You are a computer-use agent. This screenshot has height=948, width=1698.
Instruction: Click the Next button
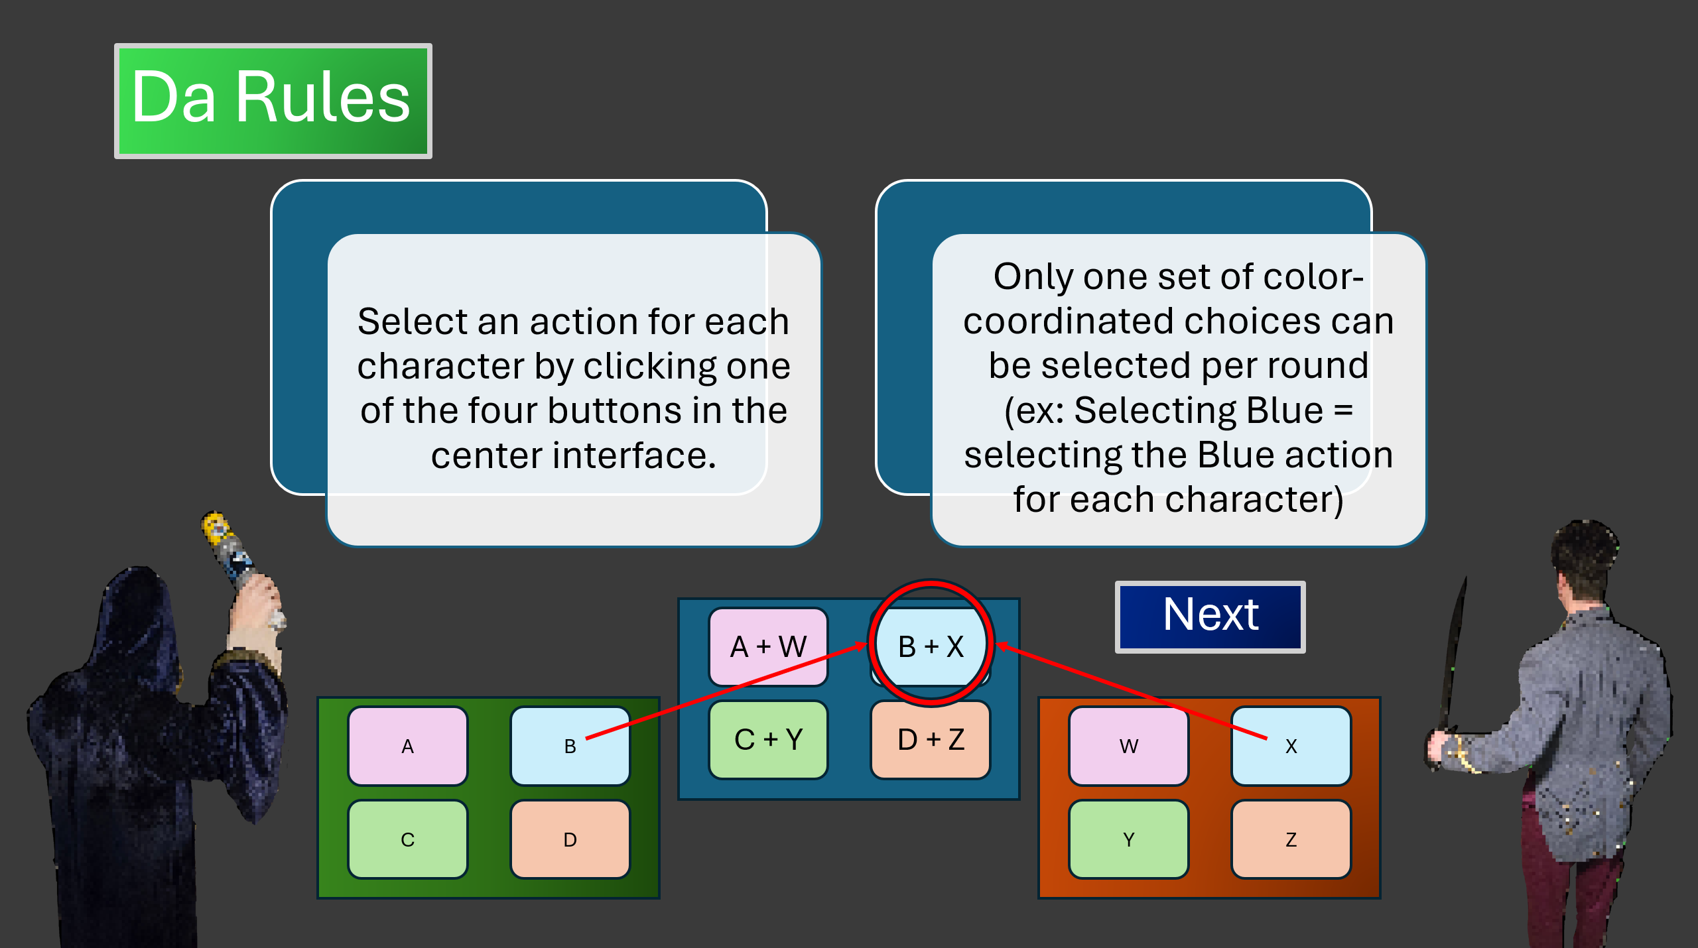click(1210, 617)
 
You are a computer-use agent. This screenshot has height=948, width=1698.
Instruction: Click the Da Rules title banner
click(273, 101)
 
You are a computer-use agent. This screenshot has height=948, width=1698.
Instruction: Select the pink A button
click(408, 746)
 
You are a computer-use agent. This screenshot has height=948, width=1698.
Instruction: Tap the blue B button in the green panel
click(570, 746)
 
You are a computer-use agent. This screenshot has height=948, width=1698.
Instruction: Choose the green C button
click(408, 839)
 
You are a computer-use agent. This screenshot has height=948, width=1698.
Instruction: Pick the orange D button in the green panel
click(570, 839)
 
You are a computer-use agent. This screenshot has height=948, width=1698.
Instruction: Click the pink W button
click(1129, 746)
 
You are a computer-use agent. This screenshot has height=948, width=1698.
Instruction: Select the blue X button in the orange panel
click(1291, 746)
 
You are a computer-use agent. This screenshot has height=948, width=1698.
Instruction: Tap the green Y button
click(1129, 839)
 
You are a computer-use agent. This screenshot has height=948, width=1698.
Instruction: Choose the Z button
click(1291, 839)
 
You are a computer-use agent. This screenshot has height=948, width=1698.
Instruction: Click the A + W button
click(769, 646)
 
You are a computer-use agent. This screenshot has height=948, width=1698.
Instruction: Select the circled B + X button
click(931, 646)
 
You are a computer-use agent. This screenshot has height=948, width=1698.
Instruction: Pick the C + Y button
click(769, 739)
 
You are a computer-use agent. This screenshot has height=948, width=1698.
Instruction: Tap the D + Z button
click(931, 739)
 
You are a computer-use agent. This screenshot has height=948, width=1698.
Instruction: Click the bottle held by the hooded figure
click(229, 550)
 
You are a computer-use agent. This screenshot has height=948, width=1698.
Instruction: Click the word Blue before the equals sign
click(1284, 410)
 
